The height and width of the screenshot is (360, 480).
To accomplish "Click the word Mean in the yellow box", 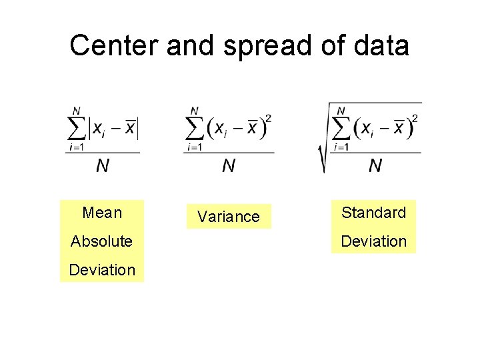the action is [102, 213].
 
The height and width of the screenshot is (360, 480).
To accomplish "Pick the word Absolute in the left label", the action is [101, 241].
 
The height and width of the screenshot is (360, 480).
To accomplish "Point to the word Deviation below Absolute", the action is [102, 269].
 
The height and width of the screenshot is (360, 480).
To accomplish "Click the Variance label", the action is [229, 217].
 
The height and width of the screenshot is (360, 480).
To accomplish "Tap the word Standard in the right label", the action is [373, 213].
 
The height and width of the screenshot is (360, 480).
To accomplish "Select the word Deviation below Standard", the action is [373, 241].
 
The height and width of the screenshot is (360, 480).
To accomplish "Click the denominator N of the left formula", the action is [103, 166].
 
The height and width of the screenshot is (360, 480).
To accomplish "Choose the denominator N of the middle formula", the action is [229, 166].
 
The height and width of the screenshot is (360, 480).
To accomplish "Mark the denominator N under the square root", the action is [375, 165].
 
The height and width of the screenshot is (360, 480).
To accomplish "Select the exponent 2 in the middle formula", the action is [268, 119].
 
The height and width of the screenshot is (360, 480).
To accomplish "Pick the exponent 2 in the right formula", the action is [415, 118].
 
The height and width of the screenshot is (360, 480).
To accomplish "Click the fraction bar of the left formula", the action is [103, 153].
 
